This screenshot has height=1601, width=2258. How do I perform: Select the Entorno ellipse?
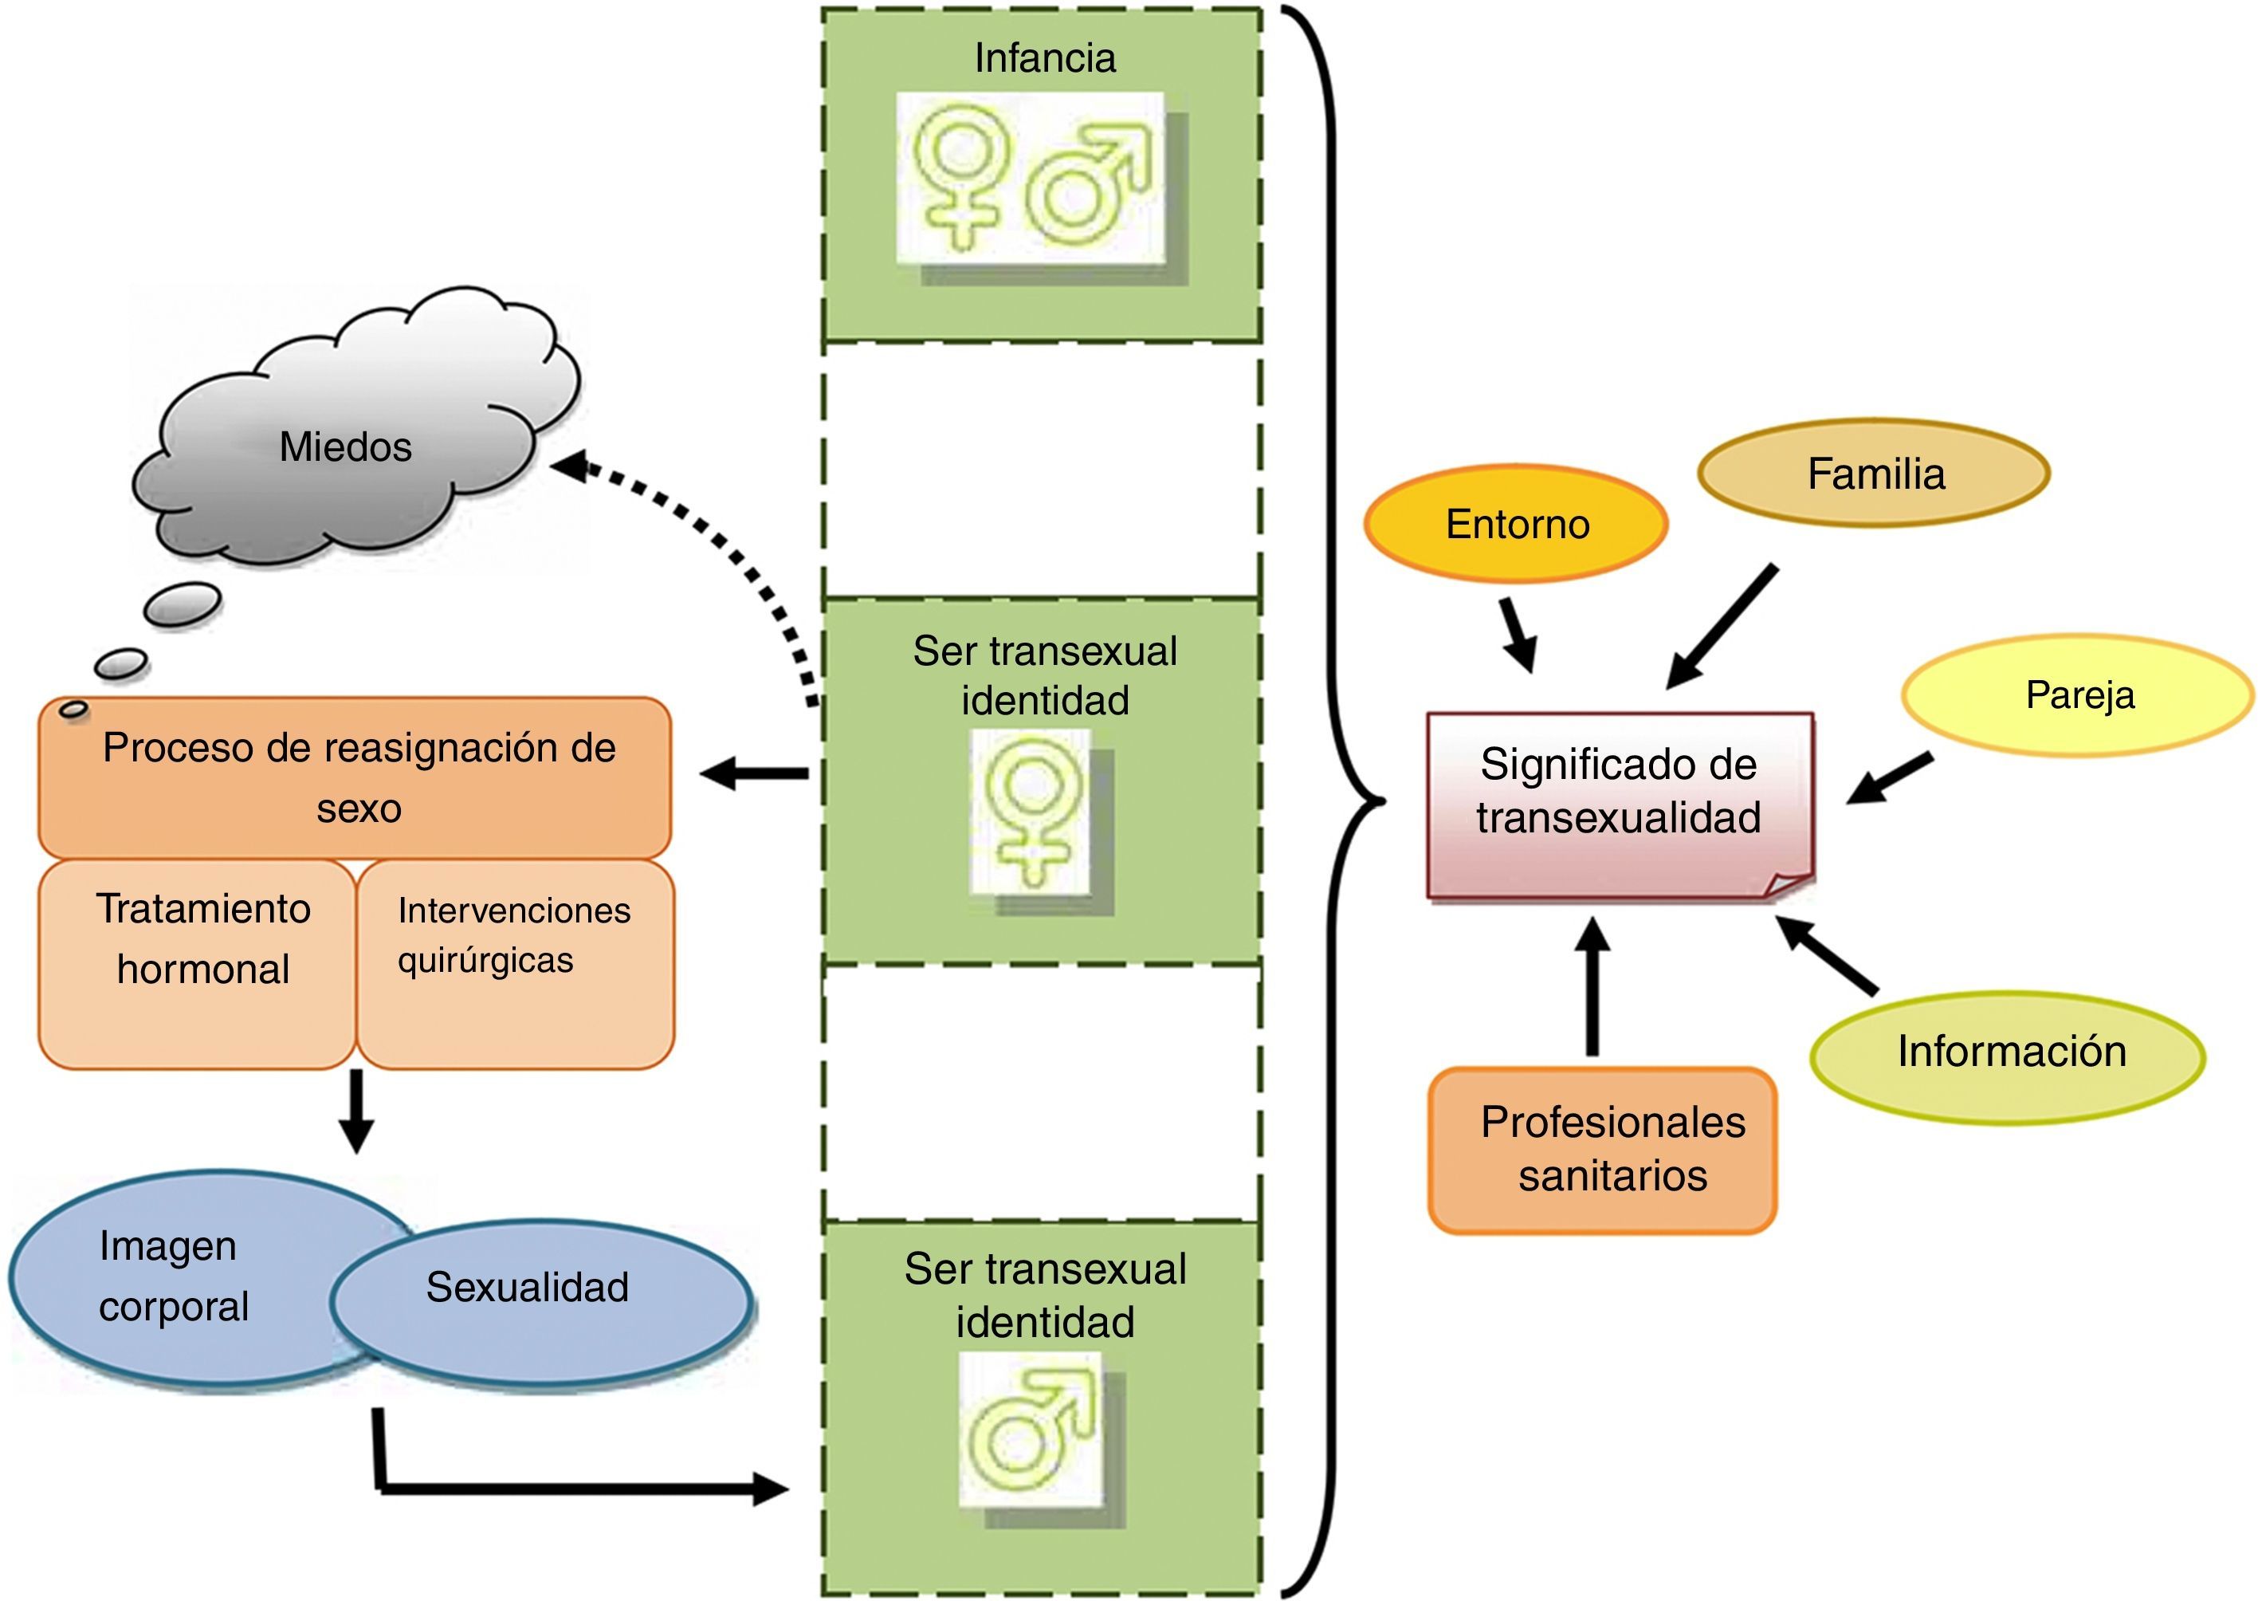pyautogui.click(x=1516, y=525)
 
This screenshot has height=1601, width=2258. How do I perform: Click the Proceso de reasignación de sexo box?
pyautogui.click(x=355, y=779)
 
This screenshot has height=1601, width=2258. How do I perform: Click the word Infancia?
pyautogui.click(x=1045, y=59)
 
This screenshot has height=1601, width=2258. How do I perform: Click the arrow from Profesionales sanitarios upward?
pyautogui.click(x=1592, y=985)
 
